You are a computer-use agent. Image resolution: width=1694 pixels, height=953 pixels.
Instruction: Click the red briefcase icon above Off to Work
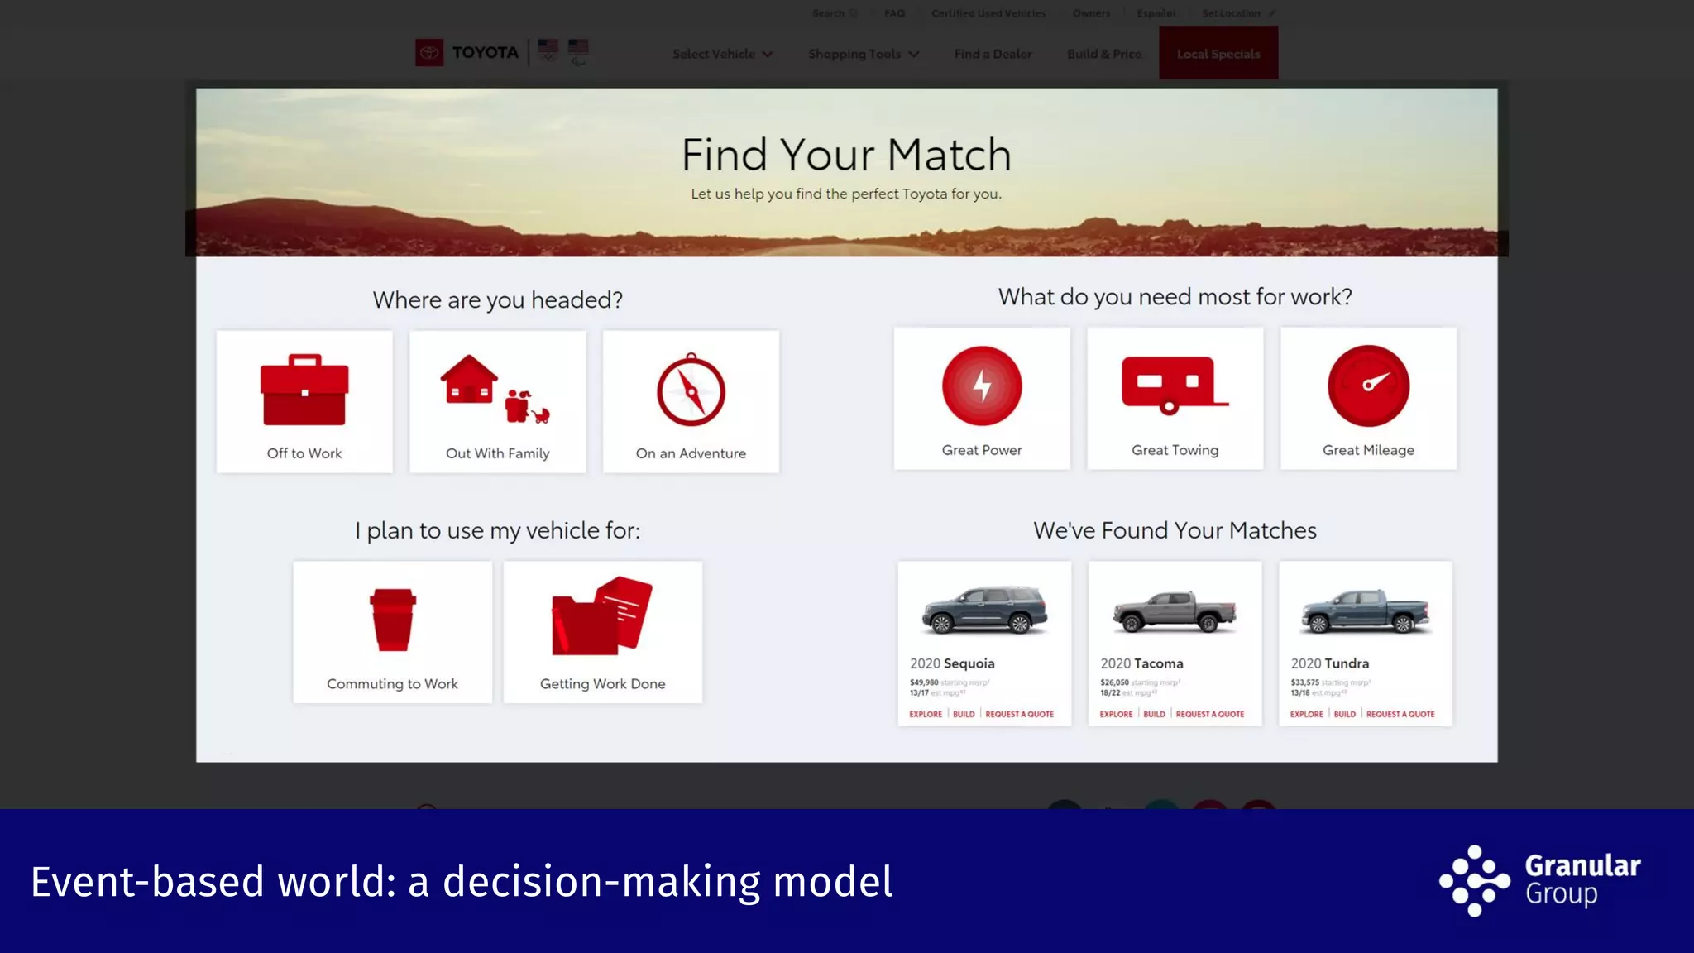(304, 390)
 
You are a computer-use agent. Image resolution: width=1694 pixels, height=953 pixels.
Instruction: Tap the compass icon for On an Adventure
(691, 391)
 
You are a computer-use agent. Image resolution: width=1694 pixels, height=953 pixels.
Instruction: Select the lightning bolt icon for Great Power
(982, 386)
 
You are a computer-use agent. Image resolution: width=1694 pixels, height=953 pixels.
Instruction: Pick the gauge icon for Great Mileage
(1368, 386)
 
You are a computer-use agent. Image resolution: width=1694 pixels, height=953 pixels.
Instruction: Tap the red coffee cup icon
(392, 620)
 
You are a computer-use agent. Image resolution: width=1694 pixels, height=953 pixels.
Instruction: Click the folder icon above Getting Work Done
(602, 616)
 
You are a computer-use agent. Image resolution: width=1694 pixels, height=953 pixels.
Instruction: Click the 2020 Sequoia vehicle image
(984, 611)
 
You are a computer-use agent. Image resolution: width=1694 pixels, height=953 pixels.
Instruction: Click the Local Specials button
(1218, 54)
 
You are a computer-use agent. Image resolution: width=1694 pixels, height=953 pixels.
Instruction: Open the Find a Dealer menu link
(993, 54)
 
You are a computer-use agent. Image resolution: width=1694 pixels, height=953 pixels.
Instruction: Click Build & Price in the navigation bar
(1103, 54)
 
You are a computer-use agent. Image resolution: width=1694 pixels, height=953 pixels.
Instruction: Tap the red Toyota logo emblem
(429, 53)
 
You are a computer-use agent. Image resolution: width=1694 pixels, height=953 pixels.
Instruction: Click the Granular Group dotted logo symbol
(1474, 881)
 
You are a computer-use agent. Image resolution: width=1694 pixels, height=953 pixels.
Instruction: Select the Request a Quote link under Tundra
(1400, 714)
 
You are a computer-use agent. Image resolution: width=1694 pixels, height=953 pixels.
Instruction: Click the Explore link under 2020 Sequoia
(926, 714)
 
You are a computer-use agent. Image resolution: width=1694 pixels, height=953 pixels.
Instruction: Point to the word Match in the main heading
(950, 155)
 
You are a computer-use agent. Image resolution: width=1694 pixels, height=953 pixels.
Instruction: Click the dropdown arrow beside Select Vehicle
(768, 55)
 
